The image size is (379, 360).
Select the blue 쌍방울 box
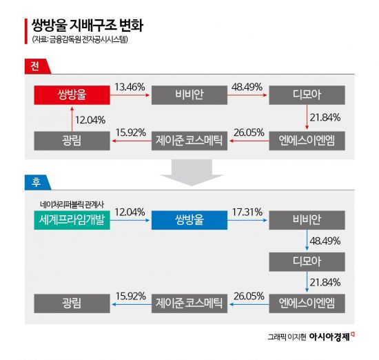[x=189, y=220]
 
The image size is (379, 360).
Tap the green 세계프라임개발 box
[x=72, y=220]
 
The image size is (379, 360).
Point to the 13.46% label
[x=130, y=87]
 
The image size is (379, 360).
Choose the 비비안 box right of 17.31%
[x=307, y=220]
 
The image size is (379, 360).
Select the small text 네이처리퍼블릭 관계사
[x=72, y=205]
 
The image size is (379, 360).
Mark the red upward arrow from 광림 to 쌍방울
[x=72, y=117]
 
